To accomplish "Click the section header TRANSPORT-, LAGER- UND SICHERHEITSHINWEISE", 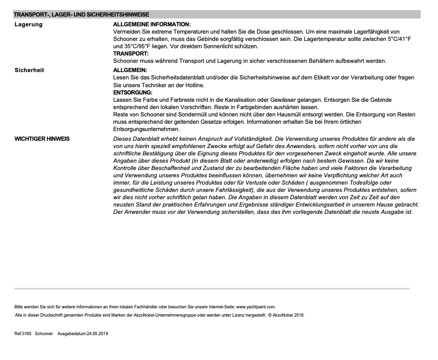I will (81, 15).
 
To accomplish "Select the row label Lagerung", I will (28, 24).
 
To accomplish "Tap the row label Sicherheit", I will (29, 70).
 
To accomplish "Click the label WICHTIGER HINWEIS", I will (42, 139).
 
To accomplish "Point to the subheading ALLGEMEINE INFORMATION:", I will (152, 24).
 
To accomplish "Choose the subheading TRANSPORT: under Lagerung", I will (129, 54).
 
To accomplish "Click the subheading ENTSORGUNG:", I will (133, 92).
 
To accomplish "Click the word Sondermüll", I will (187, 114).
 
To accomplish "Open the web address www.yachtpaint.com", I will (255, 307).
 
